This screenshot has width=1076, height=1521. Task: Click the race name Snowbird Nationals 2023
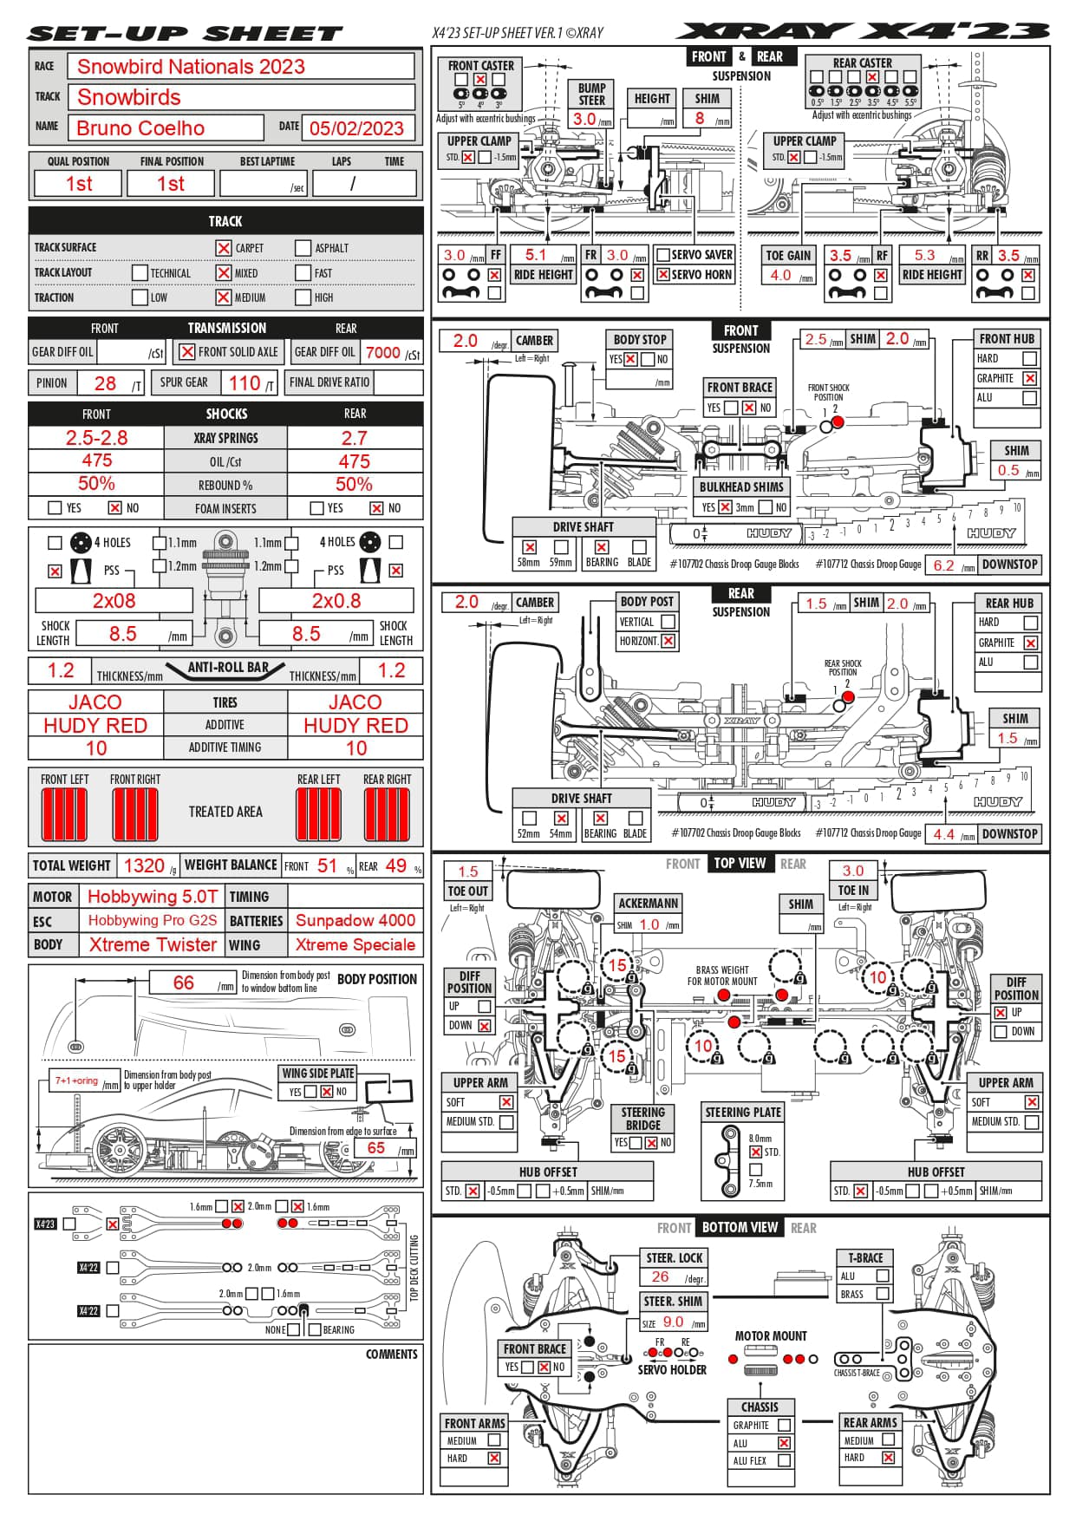191,67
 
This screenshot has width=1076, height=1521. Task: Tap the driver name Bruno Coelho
140,128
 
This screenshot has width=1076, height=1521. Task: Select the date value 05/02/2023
356,128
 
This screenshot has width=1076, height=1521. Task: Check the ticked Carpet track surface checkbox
224,248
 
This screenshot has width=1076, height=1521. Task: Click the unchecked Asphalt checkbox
303,248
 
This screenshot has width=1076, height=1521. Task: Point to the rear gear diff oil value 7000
382,352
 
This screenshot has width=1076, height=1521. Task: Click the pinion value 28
105,383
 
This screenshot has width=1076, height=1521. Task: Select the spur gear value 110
244,383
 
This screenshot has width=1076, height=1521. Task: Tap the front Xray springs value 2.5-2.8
96,438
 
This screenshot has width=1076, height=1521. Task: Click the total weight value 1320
144,865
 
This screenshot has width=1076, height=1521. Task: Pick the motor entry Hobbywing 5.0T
153,897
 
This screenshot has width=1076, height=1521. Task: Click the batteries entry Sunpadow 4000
355,920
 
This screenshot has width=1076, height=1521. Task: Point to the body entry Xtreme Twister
153,944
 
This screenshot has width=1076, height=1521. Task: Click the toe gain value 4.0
780,275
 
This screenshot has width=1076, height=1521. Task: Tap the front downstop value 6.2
943,565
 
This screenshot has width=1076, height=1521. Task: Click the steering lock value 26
660,1276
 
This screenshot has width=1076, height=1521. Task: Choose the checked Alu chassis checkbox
784,1443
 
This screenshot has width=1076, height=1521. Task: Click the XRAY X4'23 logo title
863,32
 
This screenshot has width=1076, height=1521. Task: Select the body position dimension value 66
184,982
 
